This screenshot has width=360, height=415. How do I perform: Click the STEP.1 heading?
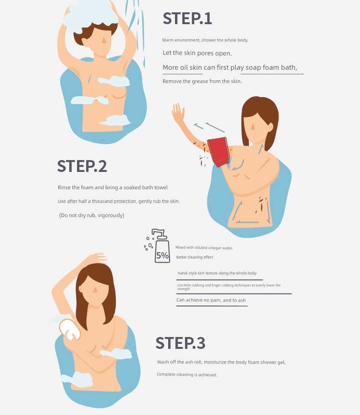(x=187, y=19)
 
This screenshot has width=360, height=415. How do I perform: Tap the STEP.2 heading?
(x=82, y=166)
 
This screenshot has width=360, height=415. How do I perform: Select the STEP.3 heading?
(x=180, y=343)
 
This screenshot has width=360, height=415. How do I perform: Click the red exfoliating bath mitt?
(x=218, y=151)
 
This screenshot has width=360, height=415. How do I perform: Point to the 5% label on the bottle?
(x=162, y=255)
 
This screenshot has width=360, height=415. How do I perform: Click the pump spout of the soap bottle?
(x=158, y=233)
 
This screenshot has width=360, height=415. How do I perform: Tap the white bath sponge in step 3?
(x=69, y=329)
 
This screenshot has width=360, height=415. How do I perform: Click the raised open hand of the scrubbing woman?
(x=178, y=111)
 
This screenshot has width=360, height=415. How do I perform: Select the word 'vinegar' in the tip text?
(x=215, y=248)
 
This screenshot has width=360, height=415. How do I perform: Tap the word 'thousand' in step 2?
(x=103, y=201)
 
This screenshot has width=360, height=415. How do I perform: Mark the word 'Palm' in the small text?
(x=187, y=285)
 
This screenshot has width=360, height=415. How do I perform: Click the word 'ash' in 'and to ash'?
(x=242, y=300)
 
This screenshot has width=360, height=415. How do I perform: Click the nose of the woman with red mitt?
(x=252, y=127)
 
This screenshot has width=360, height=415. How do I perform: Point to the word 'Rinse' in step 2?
(x=64, y=187)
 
